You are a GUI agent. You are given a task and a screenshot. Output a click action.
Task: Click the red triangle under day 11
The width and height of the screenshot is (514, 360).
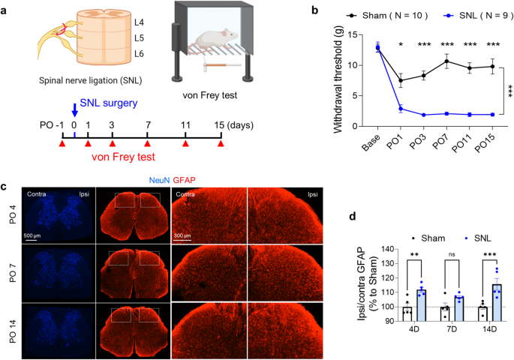tap(186, 142)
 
